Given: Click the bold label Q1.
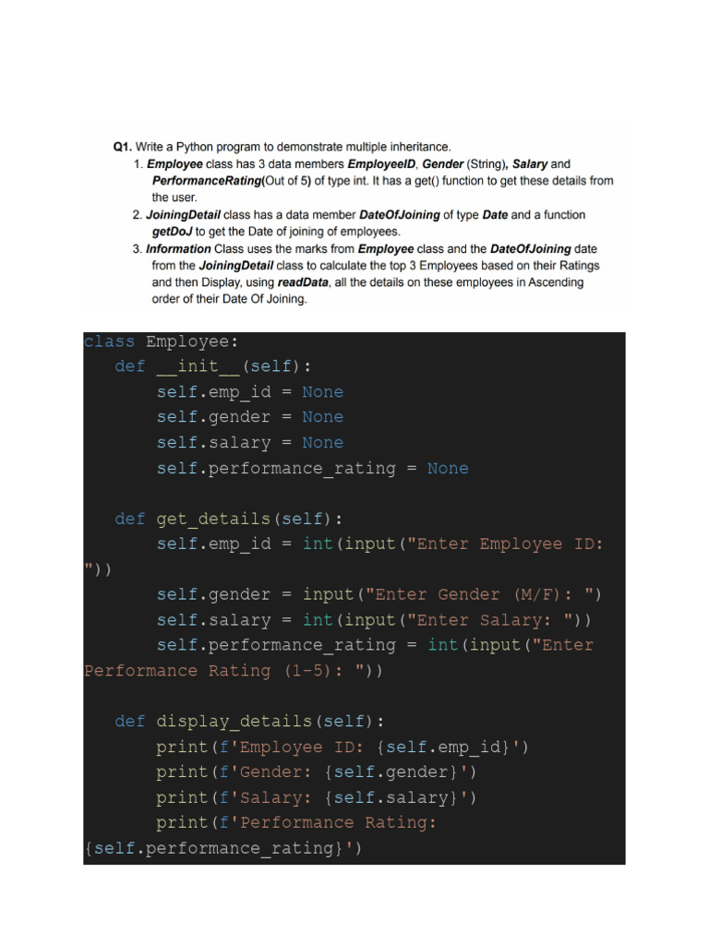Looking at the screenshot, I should point(123,147).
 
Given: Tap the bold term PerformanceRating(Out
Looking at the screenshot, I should point(208,181).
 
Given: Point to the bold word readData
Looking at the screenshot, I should point(301,282).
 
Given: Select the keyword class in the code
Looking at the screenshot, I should point(109,342).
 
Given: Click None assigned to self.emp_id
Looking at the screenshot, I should point(322,392).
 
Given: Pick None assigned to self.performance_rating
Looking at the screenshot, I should point(448,469).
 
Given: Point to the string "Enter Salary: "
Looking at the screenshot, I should point(478,620).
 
